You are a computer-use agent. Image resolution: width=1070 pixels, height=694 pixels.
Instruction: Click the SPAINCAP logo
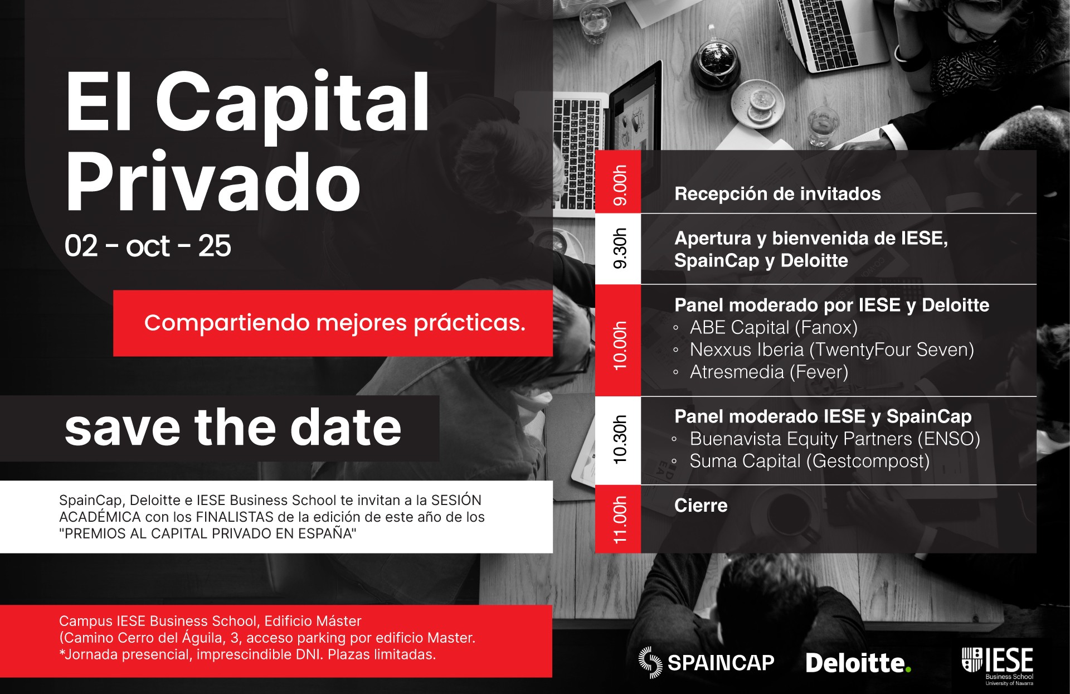[706, 662]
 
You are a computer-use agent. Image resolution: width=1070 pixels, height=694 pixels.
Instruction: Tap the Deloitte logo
[858, 663]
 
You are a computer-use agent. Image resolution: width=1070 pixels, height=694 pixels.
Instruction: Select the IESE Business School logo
[998, 666]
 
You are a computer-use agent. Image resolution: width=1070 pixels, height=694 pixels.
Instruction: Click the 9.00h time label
[620, 185]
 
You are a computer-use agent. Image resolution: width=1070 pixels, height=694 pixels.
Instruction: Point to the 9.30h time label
[620, 248]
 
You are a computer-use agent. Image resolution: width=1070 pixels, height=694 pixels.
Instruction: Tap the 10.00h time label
[620, 345]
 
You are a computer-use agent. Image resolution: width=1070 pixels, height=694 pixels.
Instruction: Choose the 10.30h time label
[620, 439]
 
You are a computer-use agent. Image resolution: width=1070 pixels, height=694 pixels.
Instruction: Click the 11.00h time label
[620, 520]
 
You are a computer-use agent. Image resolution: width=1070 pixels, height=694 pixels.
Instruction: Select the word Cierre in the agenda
[701, 506]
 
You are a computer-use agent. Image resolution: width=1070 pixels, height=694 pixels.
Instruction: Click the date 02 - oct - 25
[148, 246]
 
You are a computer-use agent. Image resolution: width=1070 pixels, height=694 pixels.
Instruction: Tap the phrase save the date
[233, 428]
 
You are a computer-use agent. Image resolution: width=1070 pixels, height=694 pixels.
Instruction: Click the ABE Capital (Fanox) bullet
[766, 328]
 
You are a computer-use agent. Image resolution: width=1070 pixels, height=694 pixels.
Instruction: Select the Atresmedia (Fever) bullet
[761, 372]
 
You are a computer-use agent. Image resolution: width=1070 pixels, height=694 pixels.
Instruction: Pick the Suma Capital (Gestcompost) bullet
[801, 462]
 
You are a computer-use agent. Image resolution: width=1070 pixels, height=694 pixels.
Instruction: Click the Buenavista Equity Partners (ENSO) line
[826, 439]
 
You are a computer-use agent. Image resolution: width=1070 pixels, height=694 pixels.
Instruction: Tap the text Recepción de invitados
[777, 194]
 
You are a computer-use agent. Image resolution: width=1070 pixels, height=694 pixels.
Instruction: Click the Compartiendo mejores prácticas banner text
[335, 323]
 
